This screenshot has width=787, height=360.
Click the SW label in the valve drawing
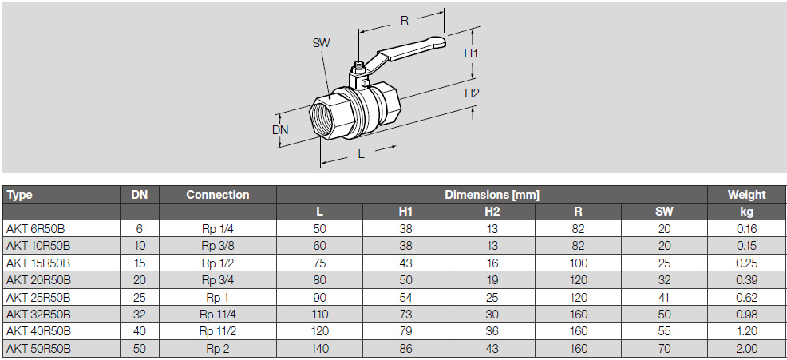click(321, 42)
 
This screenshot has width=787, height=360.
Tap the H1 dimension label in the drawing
click(472, 53)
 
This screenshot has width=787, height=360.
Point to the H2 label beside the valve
click(472, 93)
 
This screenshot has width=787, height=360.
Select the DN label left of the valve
click(279, 129)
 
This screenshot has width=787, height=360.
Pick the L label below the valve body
click(361, 154)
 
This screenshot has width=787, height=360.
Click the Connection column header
click(217, 194)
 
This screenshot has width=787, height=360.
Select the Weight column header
click(746, 194)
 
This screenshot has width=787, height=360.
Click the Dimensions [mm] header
click(492, 194)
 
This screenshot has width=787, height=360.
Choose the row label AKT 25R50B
click(39, 297)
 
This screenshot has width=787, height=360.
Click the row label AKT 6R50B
click(36, 227)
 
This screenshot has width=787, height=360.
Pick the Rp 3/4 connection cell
click(217, 279)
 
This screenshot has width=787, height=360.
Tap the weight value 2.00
click(746, 349)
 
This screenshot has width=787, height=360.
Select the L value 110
click(319, 315)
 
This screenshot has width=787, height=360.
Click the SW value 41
click(664, 297)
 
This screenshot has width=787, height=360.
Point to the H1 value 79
click(405, 331)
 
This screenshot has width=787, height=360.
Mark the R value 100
click(578, 263)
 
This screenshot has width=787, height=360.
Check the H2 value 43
click(492, 349)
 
